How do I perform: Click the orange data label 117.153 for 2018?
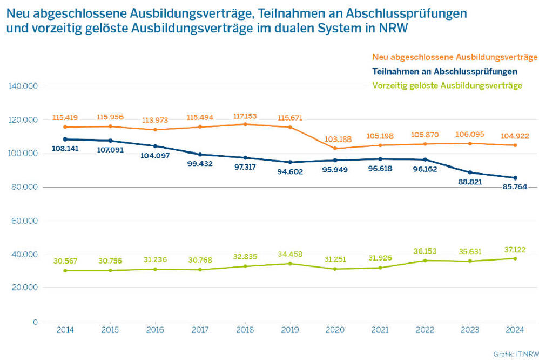[245, 116]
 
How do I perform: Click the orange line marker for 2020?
[335, 149]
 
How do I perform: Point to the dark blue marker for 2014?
[65, 139]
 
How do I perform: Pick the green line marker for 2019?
[290, 264]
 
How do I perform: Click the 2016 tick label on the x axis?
[155, 329]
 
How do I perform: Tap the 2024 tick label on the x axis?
[515, 329]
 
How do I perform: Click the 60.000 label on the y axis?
[24, 221]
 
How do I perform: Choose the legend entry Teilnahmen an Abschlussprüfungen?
[445, 71]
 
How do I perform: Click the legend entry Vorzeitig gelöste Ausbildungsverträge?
[447, 85]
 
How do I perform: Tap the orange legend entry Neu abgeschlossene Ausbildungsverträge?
[455, 57]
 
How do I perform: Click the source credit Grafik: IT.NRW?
[514, 354]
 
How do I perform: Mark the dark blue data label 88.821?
[469, 182]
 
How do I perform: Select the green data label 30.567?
[65, 261]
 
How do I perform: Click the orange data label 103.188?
[335, 140]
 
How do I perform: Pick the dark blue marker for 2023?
[470, 172]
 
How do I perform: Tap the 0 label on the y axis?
[35, 322]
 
